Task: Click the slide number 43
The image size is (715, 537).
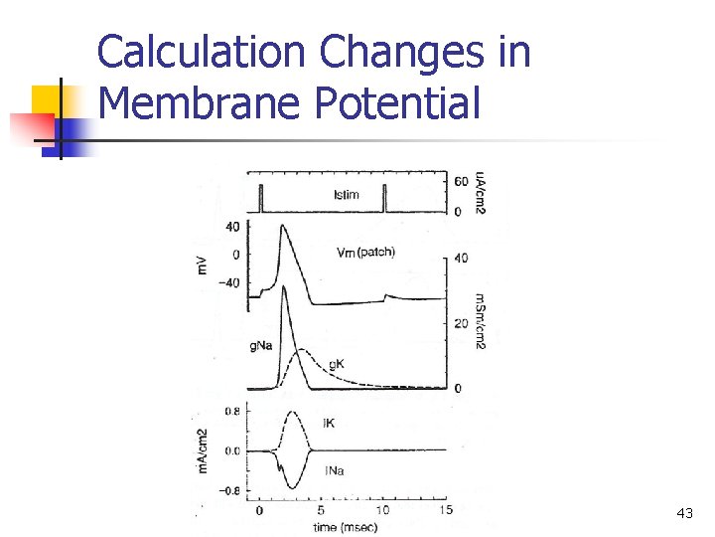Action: (683, 513)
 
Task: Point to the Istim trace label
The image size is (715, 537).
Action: (347, 193)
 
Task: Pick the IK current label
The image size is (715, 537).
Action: (329, 424)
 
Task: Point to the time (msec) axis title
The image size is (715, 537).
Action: (339, 527)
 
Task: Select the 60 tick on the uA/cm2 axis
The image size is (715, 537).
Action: (462, 182)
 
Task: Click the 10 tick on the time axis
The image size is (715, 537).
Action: (382, 511)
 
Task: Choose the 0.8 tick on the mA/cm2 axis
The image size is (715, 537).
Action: (230, 410)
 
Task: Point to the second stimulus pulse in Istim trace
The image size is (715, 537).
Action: (384, 199)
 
